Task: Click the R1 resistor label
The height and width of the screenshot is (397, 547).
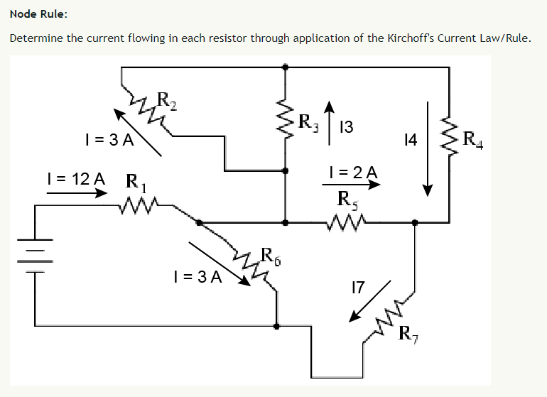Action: coord(135,183)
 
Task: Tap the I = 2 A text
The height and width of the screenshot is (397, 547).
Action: coord(353,172)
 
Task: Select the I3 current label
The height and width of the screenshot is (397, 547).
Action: coord(347,128)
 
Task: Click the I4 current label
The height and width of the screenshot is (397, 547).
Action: coord(409,141)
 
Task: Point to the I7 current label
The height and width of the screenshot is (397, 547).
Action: coord(358,288)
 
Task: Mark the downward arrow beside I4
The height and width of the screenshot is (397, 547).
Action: coord(428,148)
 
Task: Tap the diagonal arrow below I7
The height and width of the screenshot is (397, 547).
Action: coord(369,301)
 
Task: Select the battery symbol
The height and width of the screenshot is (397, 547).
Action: coord(35,260)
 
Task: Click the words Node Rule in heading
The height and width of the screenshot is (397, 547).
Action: coord(40,14)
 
